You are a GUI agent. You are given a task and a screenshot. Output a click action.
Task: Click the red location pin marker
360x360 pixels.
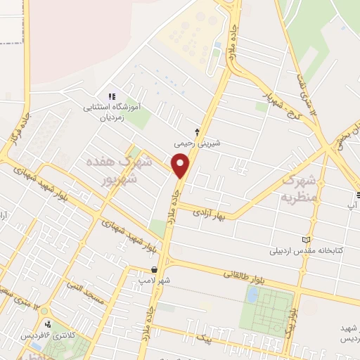[x=181, y=167]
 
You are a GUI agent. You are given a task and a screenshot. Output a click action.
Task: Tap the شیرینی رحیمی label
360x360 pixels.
[x=198, y=143]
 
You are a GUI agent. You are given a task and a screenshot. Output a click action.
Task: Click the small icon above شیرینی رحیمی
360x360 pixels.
[x=197, y=131]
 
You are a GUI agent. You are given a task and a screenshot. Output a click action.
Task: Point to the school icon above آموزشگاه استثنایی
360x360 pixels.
[x=111, y=96]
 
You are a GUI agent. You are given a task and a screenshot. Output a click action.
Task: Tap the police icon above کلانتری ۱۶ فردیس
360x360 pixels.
[x=48, y=323]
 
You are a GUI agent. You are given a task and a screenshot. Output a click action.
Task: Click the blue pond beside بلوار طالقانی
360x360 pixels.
[x=252, y=295]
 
